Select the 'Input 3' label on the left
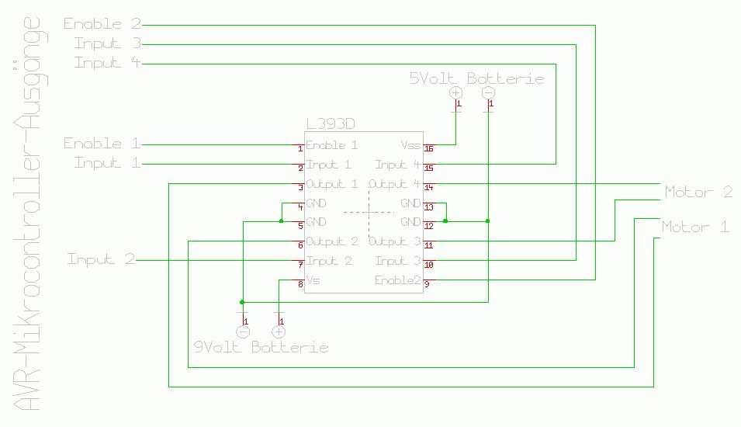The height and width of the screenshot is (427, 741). pyautogui.click(x=107, y=43)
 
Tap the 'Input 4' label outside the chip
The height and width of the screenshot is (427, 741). pyautogui.click(x=107, y=63)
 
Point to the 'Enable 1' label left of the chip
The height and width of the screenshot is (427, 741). pyautogui.click(x=103, y=144)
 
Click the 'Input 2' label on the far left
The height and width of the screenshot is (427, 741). pyautogui.click(x=101, y=259)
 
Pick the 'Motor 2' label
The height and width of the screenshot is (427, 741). pyautogui.click(x=698, y=192)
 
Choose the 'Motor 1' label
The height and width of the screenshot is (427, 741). pyautogui.click(x=695, y=227)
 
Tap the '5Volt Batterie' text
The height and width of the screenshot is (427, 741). pyautogui.click(x=476, y=78)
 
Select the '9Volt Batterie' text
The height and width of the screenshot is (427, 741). pyautogui.click(x=261, y=347)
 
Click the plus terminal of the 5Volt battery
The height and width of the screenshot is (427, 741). pyautogui.click(x=456, y=92)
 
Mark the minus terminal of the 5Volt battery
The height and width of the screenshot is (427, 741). pyautogui.click(x=488, y=92)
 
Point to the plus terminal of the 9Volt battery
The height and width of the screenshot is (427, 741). pyautogui.click(x=279, y=332)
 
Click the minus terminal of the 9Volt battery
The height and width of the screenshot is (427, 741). pyautogui.click(x=243, y=332)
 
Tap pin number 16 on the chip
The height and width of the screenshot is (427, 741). pyautogui.click(x=428, y=148)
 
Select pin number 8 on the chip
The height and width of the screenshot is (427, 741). pyautogui.click(x=300, y=285)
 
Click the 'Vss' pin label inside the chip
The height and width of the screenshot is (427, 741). pyautogui.click(x=410, y=145)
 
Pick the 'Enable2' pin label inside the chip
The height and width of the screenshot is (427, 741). pyautogui.click(x=397, y=280)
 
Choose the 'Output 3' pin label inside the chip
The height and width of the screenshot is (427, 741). pyautogui.click(x=395, y=241)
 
